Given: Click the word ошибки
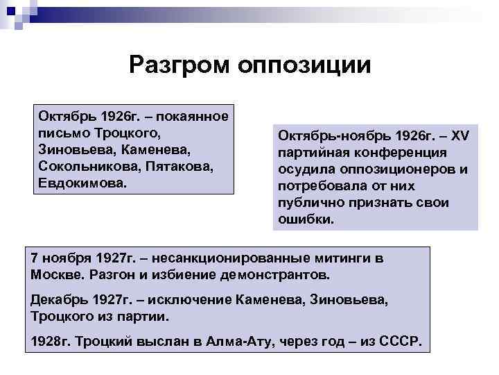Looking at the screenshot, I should pos(305,220).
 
